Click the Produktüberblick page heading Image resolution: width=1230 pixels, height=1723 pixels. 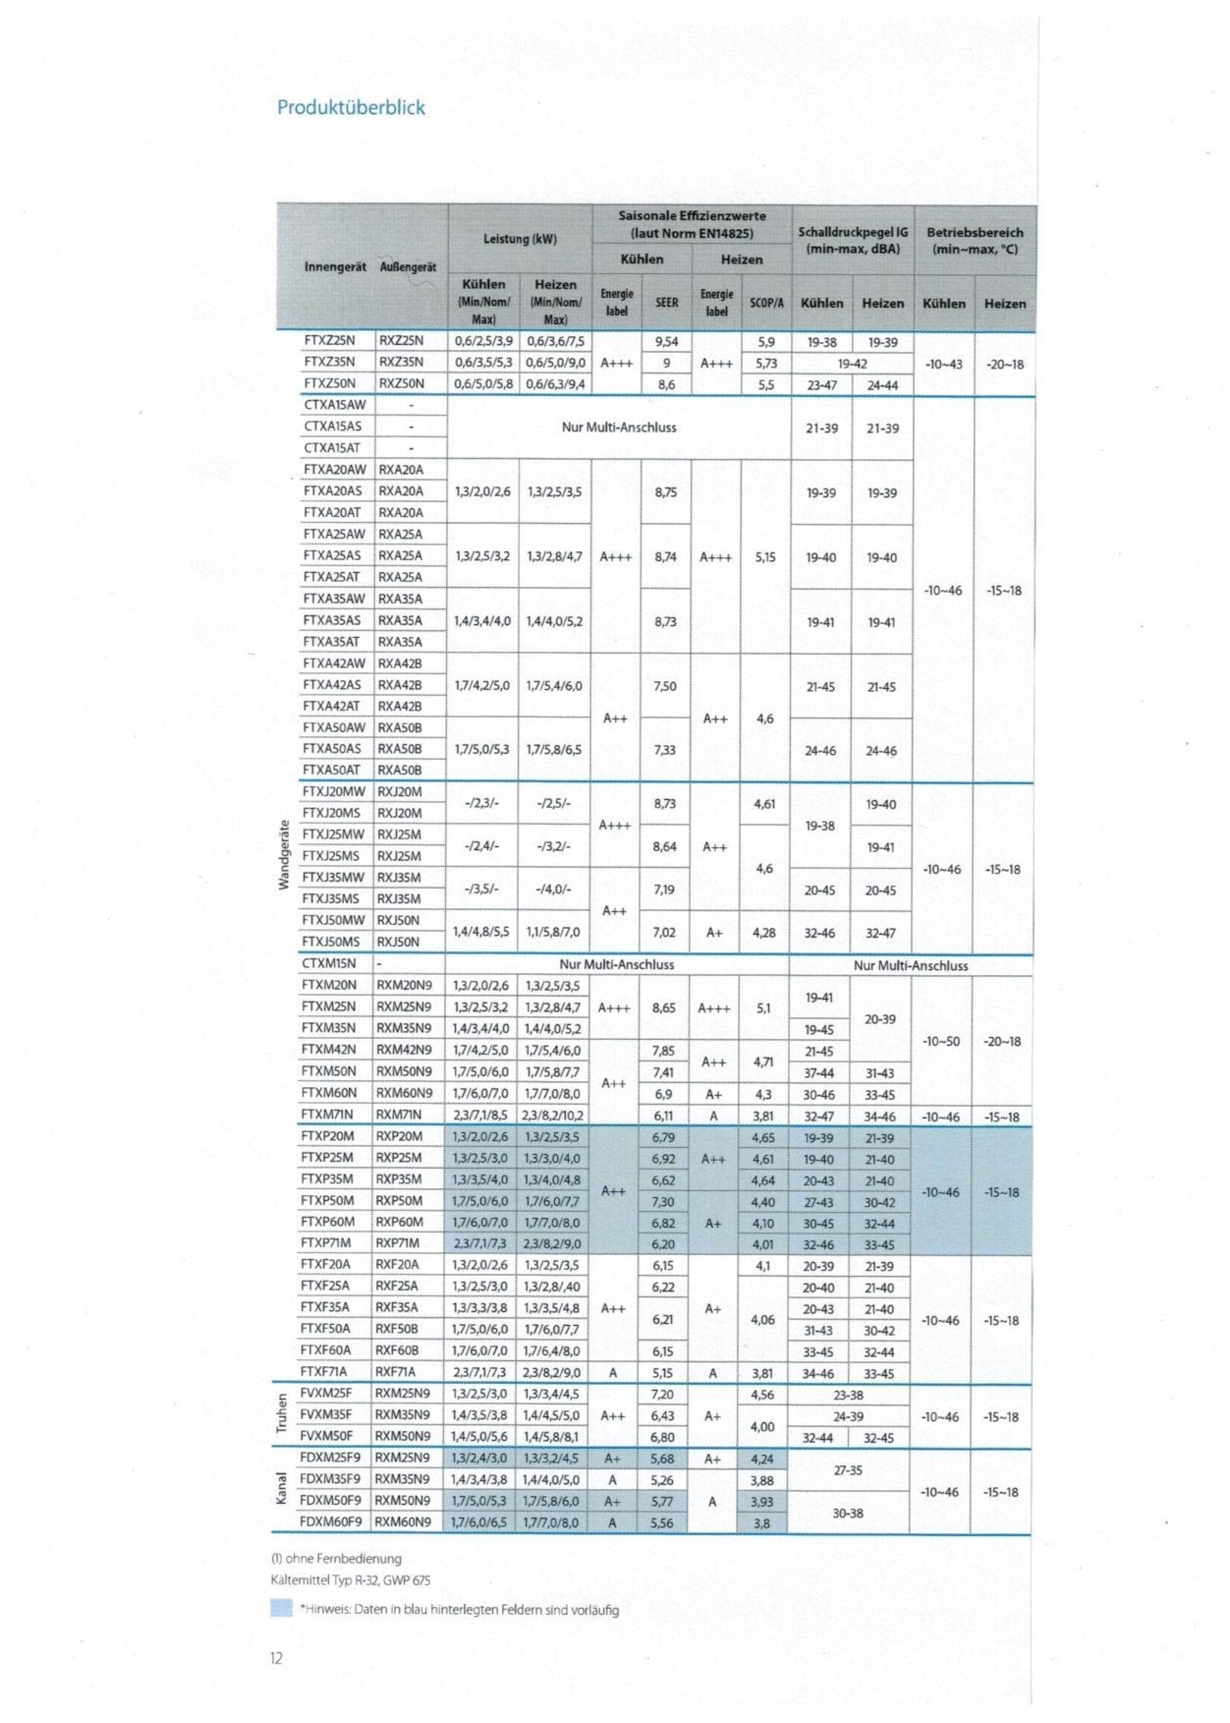[351, 107]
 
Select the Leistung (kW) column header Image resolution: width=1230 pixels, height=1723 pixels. [520, 239]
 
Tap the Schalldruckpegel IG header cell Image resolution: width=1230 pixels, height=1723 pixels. [852, 239]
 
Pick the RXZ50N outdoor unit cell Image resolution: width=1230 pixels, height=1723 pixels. [401, 384]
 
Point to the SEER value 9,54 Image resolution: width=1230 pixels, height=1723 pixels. [666, 342]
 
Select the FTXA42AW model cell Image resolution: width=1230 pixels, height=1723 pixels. [334, 664]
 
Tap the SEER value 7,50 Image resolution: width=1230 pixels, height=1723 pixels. [664, 686]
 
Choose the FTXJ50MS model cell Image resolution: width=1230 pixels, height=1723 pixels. [332, 942]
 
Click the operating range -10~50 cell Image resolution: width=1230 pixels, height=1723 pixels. [940, 1041]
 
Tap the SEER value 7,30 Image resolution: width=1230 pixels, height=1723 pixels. [663, 1201]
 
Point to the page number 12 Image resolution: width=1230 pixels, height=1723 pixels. [276, 1659]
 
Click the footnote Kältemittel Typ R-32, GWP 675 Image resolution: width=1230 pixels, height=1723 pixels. [351, 1580]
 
